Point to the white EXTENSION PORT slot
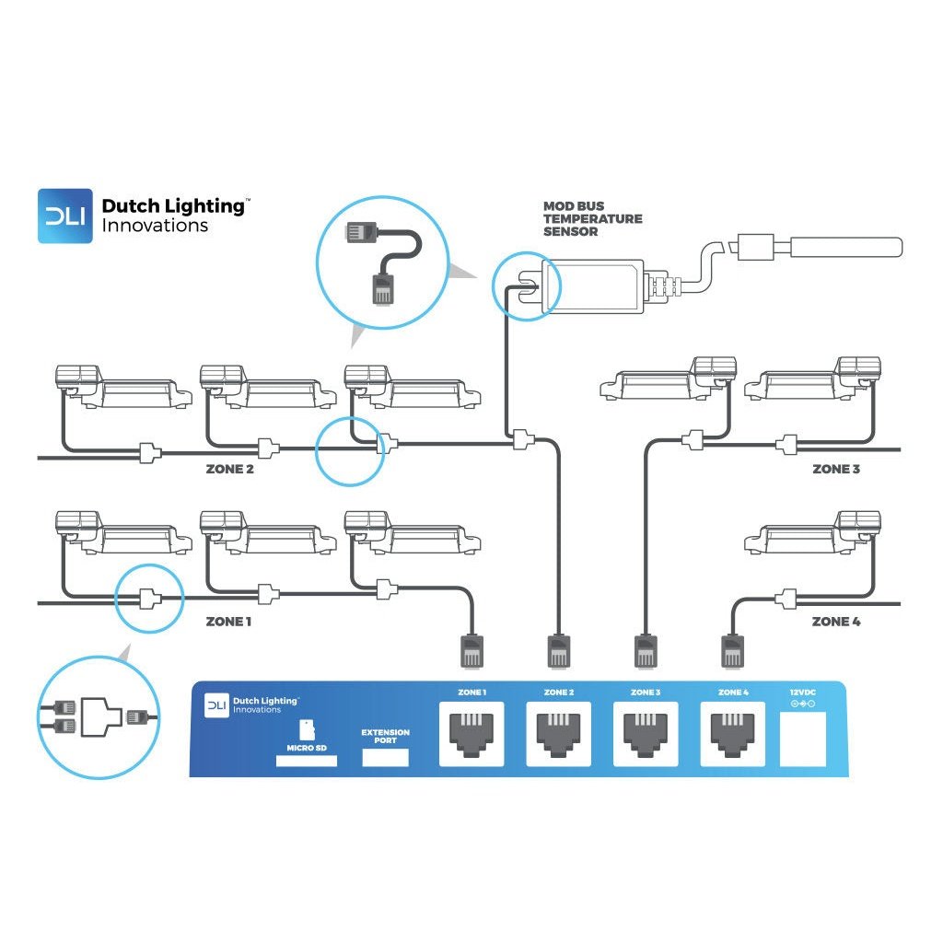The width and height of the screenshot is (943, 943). coord(385,757)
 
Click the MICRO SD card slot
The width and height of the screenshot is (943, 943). coord(306,761)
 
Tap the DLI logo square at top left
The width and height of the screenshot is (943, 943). coord(65,216)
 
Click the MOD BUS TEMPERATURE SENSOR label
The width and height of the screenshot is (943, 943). coord(592,219)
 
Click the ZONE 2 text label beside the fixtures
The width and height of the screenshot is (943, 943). coord(229,469)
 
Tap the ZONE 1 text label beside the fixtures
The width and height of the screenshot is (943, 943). coord(229,622)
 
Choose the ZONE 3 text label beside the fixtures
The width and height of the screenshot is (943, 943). coord(836,469)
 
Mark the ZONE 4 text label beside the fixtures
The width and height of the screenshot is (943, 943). coord(836,622)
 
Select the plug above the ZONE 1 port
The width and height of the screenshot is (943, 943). coord(471,650)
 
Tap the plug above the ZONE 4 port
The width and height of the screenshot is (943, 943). coord(732,650)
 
